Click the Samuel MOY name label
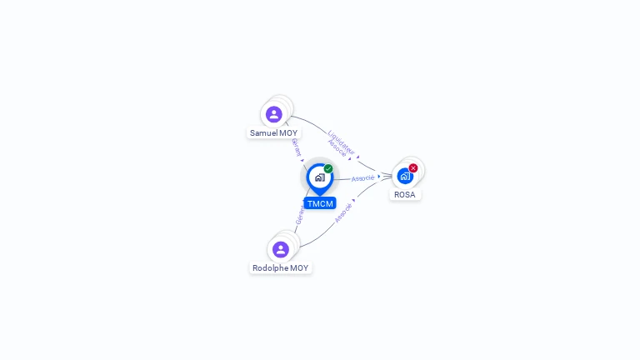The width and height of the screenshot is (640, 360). click(x=273, y=133)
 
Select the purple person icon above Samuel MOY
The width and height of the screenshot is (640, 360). click(x=274, y=114)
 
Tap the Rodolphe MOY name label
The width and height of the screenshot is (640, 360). click(x=280, y=268)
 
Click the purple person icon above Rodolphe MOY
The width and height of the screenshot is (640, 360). click(x=281, y=249)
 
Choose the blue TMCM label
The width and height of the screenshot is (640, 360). click(x=320, y=203)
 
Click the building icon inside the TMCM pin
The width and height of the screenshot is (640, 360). click(x=320, y=177)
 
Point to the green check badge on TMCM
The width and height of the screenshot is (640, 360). click(x=328, y=168)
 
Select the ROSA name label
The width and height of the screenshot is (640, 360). click(x=405, y=195)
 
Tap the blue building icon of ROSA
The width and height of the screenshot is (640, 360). click(x=405, y=177)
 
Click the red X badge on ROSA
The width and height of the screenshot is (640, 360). click(x=413, y=167)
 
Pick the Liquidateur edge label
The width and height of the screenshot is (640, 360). click(x=341, y=142)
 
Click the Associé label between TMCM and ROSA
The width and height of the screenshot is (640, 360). click(x=362, y=178)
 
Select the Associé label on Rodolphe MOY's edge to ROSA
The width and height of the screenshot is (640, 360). click(x=343, y=213)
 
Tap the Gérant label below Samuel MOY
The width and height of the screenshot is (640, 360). click(x=297, y=147)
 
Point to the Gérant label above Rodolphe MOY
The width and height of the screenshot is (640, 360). click(x=300, y=215)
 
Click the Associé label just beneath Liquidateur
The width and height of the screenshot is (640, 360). click(x=337, y=148)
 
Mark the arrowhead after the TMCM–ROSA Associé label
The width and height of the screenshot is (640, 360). click(x=379, y=177)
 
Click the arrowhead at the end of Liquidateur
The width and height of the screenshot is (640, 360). click(x=358, y=157)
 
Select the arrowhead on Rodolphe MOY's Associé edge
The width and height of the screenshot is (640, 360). click(x=354, y=200)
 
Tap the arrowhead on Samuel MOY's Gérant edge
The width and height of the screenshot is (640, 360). click(x=302, y=160)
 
